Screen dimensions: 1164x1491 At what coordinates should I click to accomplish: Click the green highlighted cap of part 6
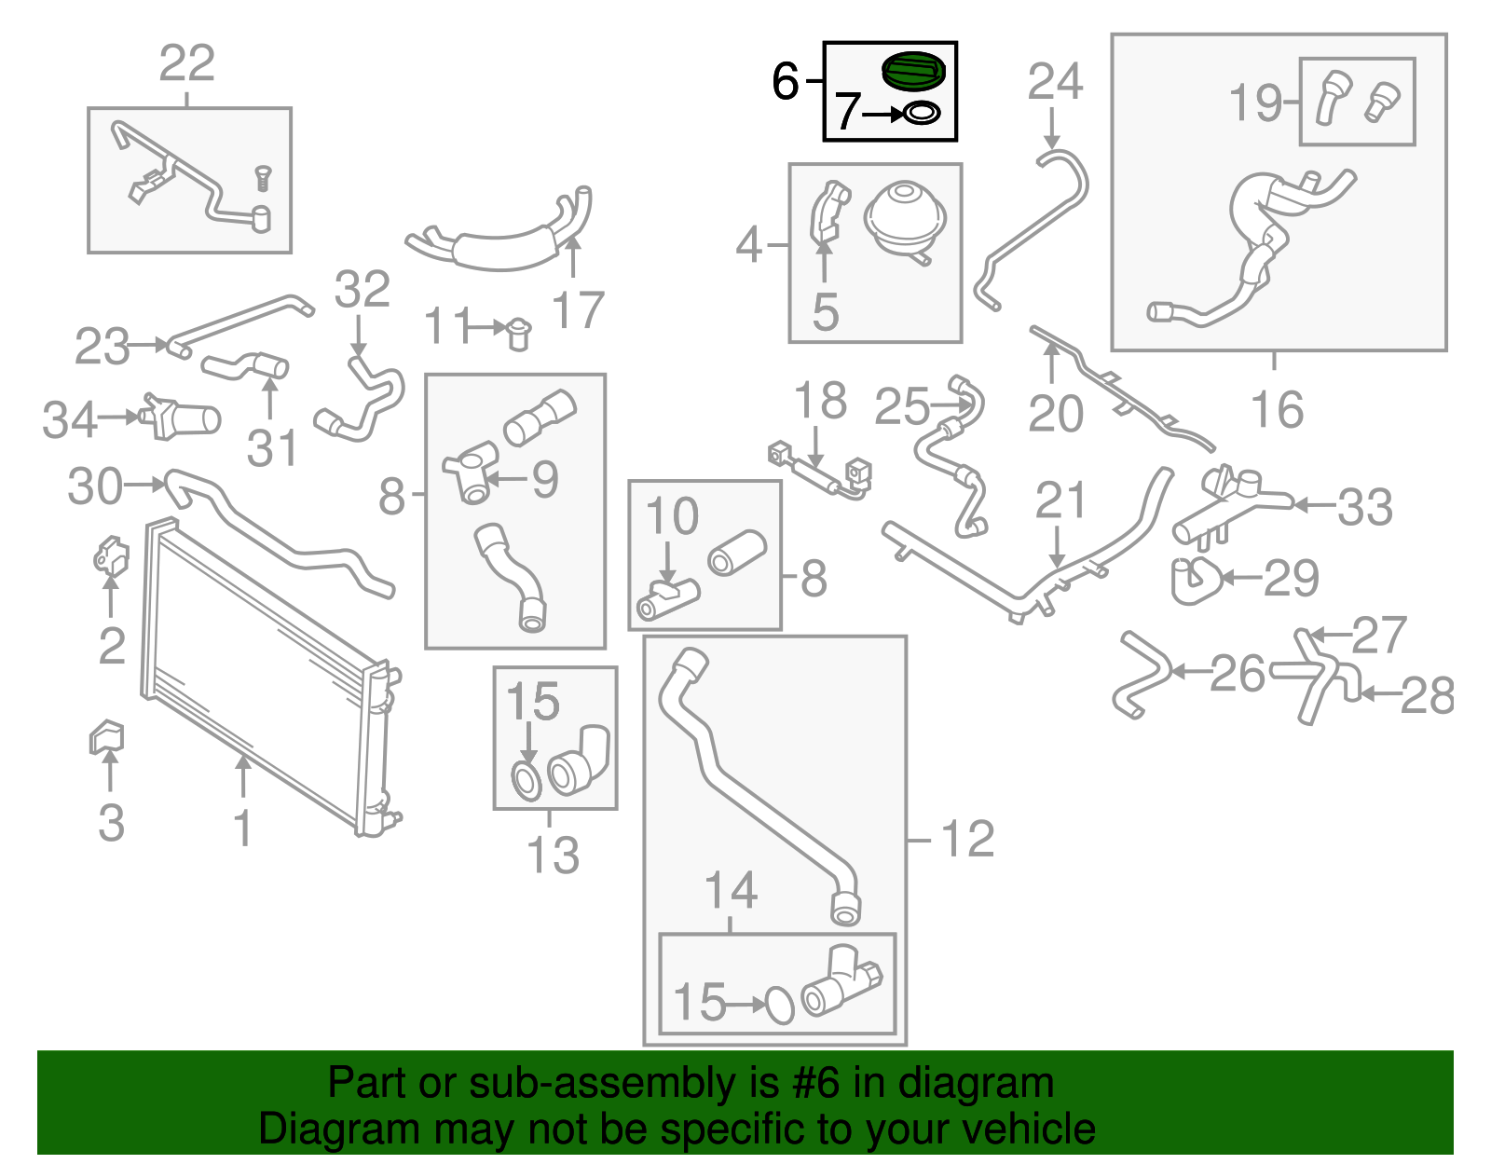point(913,72)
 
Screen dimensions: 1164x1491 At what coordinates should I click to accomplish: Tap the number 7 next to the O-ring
point(846,113)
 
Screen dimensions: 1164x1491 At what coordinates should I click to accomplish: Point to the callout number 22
point(187,63)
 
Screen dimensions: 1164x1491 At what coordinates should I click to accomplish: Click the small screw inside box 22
point(263,178)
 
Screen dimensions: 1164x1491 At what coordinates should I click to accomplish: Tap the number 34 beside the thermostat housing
point(69,420)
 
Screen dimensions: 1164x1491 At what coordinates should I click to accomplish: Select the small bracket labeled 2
point(111,556)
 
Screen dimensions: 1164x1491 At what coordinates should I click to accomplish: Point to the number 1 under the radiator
point(242,828)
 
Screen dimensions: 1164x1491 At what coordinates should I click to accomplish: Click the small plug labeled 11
point(518,332)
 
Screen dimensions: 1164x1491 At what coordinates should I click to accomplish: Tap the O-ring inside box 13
point(526,781)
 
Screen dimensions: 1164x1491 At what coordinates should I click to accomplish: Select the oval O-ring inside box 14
point(779,1006)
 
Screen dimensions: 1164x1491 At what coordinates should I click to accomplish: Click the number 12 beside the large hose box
point(968,839)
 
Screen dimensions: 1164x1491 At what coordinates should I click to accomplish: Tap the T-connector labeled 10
point(668,598)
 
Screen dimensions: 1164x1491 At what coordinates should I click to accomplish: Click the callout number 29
point(1292,579)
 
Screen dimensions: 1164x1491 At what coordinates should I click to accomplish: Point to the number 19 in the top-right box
point(1256,103)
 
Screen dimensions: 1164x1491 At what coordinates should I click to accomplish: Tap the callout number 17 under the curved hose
point(578,310)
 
